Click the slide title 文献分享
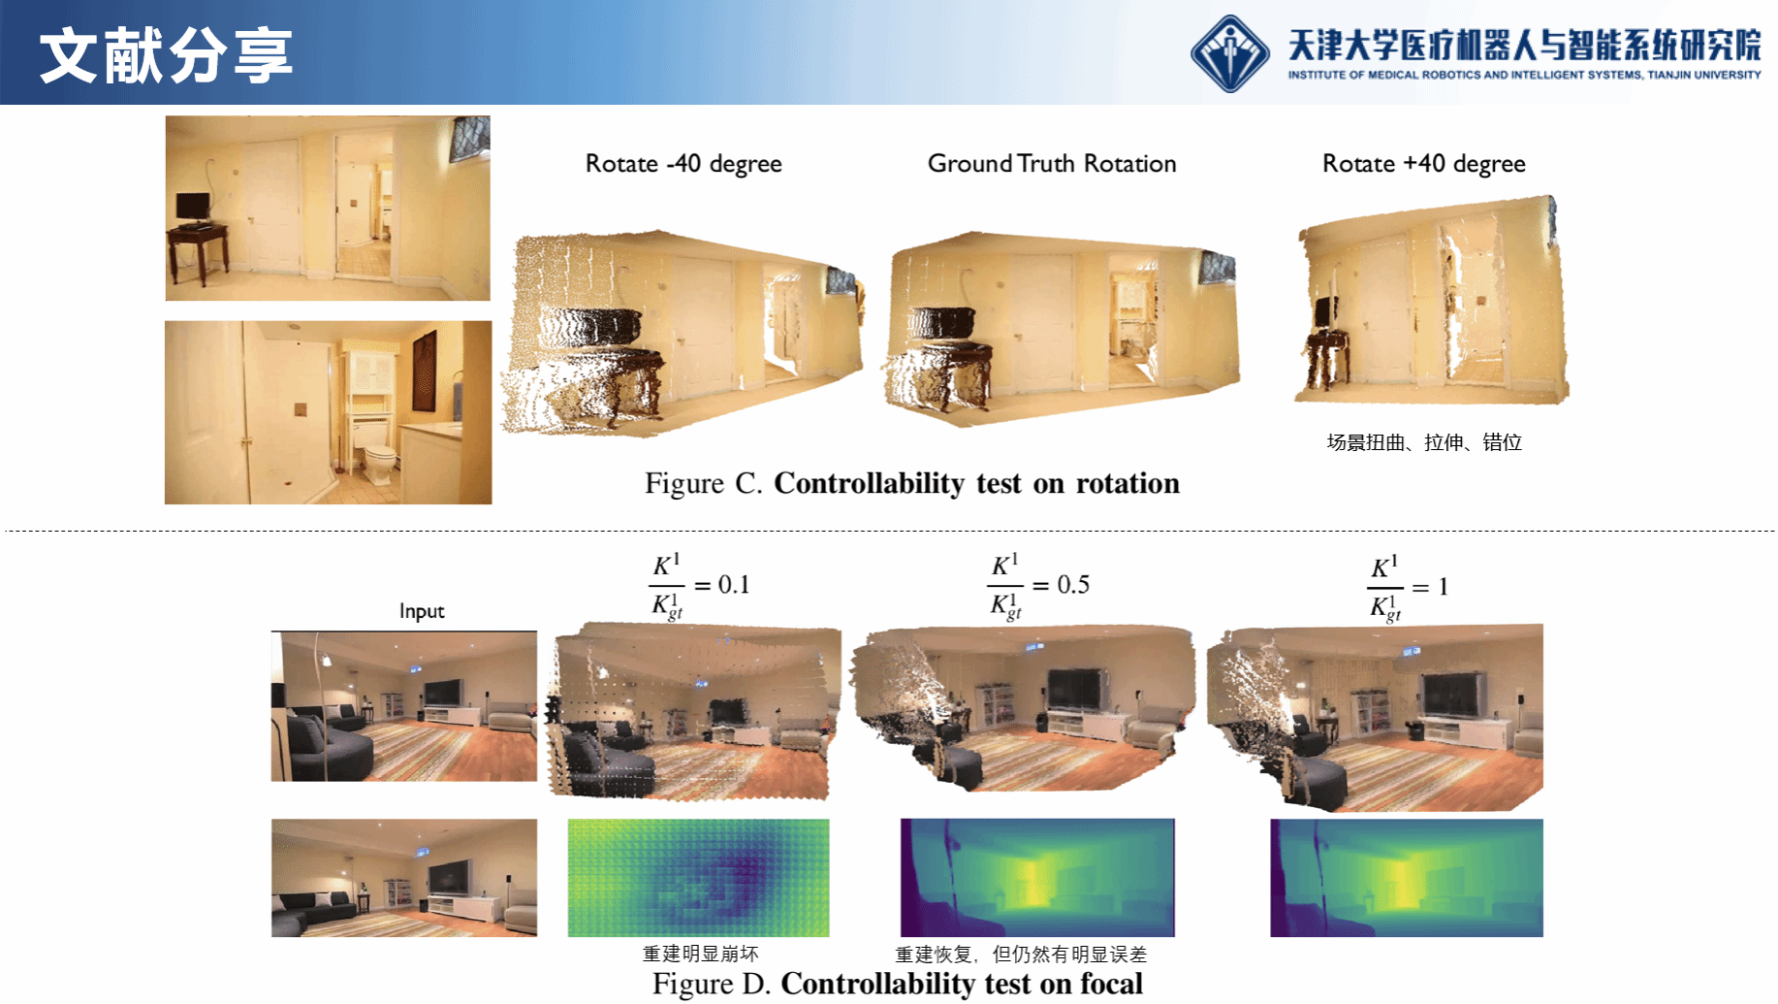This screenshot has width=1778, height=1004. [166, 54]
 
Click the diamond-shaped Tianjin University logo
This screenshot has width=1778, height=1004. [1230, 53]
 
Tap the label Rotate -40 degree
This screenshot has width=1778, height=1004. [683, 164]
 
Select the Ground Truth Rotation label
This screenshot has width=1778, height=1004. [1052, 163]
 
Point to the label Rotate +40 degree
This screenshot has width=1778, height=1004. [1424, 164]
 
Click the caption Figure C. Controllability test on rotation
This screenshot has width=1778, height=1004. [912, 483]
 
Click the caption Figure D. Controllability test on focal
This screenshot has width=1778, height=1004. [898, 984]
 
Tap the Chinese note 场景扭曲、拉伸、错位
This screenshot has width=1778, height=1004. [1424, 442]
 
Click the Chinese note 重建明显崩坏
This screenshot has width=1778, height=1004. [701, 954]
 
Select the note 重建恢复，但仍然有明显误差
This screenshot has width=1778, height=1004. [1021, 954]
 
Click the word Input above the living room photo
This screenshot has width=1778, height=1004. [422, 611]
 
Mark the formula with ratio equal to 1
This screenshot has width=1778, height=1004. [1409, 588]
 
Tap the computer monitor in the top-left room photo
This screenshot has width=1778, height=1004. [193, 207]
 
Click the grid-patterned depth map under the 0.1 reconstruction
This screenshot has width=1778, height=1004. [698, 878]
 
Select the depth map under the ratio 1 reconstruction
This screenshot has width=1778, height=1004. [1407, 878]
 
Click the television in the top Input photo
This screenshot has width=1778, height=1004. [444, 693]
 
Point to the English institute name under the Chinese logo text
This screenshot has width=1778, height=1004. [1524, 75]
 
